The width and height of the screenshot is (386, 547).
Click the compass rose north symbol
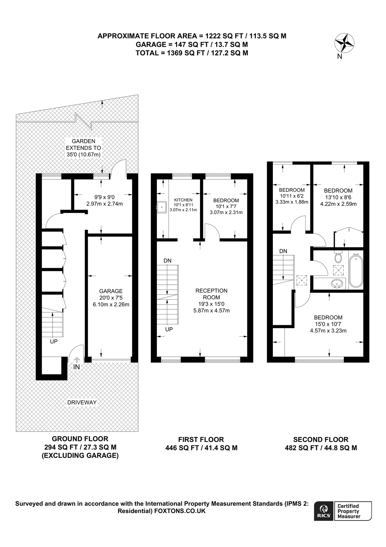tap(344, 43)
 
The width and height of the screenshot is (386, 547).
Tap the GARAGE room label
tap(111, 291)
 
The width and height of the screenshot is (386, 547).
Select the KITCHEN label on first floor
tap(183, 200)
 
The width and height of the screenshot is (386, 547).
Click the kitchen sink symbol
tap(162, 207)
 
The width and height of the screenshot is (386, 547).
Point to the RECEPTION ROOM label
tap(211, 294)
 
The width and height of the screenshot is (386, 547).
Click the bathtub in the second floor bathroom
tap(356, 271)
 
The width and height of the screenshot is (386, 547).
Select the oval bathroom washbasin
tap(337, 284)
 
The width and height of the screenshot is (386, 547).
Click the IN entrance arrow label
tap(76, 367)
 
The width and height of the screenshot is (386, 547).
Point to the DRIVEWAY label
tap(82, 402)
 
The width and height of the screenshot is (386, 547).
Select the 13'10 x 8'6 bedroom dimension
tap(338, 197)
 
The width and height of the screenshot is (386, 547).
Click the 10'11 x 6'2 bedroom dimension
tap(291, 196)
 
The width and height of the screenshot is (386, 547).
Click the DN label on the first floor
tap(168, 260)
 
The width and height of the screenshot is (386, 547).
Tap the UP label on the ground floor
tap(54, 342)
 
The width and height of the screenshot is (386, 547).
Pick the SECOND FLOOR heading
tap(321, 439)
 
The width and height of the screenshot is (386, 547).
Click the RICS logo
tap(323, 511)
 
